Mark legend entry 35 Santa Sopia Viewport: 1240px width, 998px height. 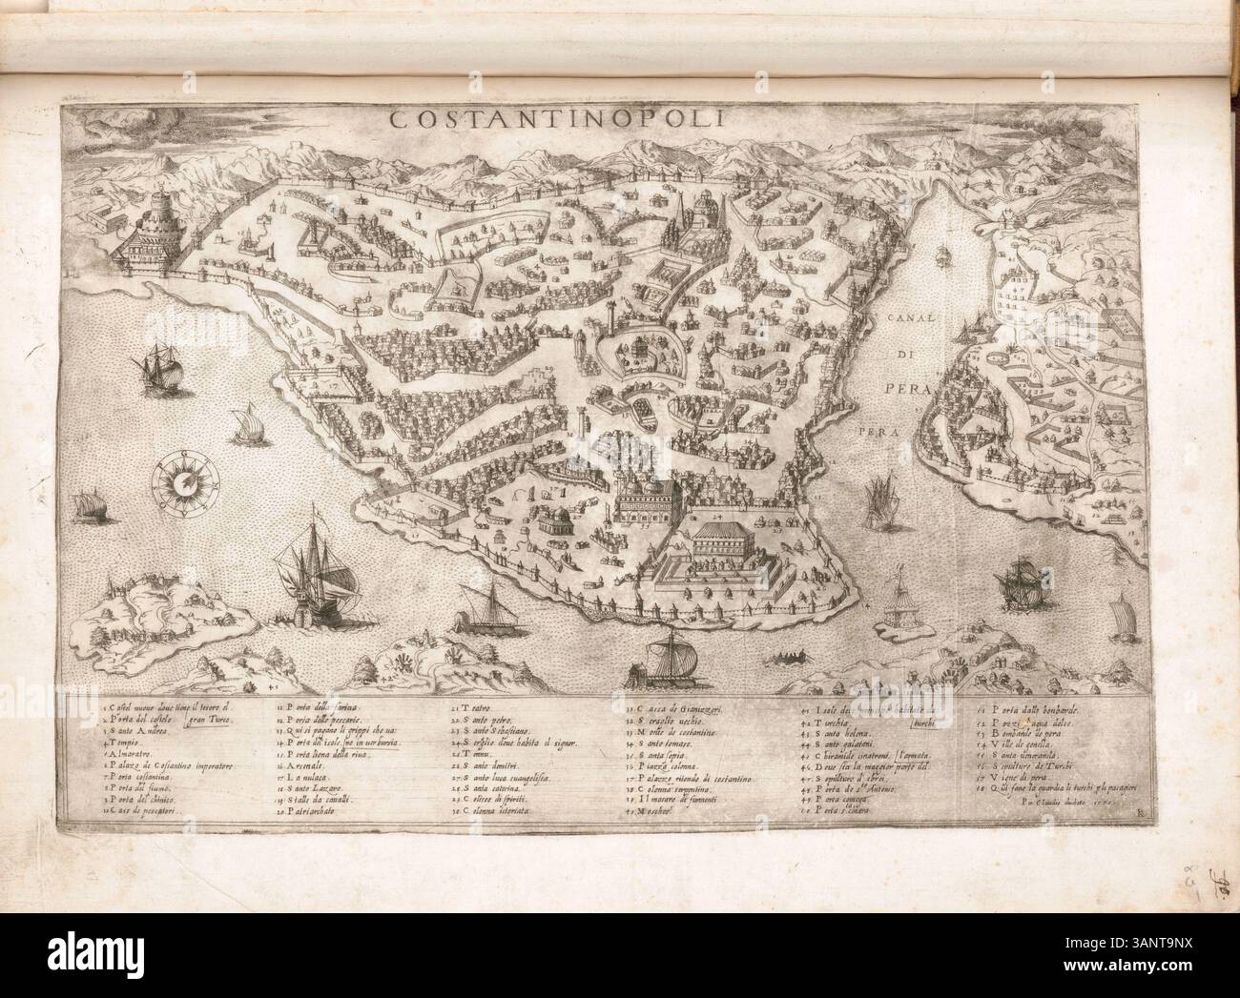672,753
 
